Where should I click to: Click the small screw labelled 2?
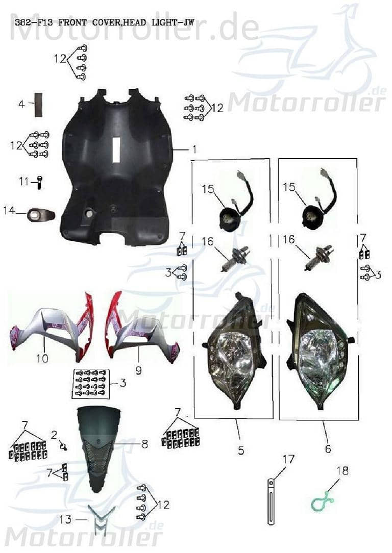coord(64,447)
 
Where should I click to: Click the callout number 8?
coord(144,444)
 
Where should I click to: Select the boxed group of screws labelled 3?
coord(91,383)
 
